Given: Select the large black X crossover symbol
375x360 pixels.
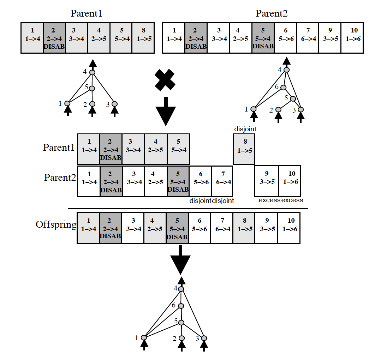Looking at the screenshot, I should click(x=165, y=80).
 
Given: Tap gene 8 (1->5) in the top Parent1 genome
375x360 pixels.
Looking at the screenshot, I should click(x=143, y=37).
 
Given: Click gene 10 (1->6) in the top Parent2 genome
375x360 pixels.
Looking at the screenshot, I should click(x=352, y=37).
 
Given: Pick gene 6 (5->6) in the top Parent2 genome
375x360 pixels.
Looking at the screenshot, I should click(x=286, y=37).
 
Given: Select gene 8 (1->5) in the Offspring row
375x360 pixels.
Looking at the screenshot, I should click(x=243, y=228).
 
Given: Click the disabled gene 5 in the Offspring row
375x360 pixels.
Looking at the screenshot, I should click(x=177, y=228).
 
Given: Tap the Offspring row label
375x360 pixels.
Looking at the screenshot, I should click(x=56, y=225).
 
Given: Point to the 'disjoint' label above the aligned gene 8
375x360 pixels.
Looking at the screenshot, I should click(x=245, y=129).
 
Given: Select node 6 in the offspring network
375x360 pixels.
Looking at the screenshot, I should click(x=181, y=306).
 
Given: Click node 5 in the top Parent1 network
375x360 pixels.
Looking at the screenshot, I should click(x=92, y=88).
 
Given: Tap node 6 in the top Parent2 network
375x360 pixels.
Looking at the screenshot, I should click(x=283, y=87).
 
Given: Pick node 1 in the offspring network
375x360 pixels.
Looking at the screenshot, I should click(x=143, y=337).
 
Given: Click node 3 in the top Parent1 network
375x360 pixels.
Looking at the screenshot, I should click(x=114, y=104).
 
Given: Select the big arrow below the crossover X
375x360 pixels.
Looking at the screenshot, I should click(x=165, y=112).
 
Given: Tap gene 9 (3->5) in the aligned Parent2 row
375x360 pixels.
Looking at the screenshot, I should click(x=267, y=181).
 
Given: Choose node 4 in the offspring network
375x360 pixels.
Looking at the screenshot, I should click(x=181, y=289).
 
